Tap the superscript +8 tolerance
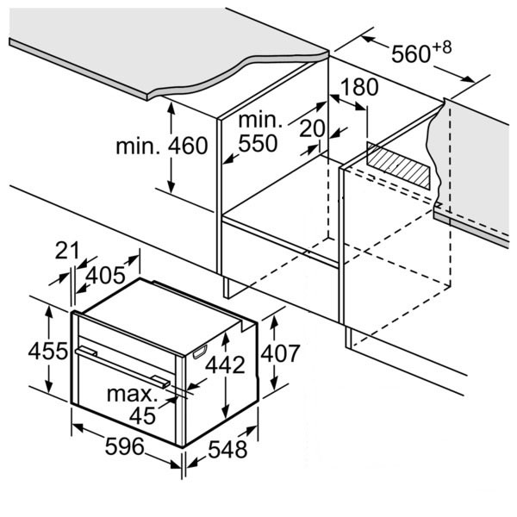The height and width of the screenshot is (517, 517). click(441, 47)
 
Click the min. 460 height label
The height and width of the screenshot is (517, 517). click(162, 146)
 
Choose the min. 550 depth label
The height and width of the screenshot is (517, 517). click(258, 132)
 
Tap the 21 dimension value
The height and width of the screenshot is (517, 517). click(67, 251)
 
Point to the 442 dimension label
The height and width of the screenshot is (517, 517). click(225, 364)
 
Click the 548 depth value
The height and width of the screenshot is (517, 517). click(227, 449)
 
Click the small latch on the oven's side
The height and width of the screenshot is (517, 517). click(201, 350)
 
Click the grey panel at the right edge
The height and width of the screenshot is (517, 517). click(478, 164)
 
